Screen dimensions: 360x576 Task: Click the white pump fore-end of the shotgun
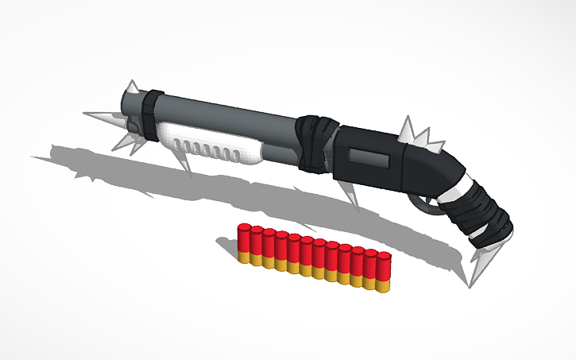click(211, 144)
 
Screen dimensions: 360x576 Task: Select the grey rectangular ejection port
click(370, 159)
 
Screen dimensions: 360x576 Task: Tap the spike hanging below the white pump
click(187, 162)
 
